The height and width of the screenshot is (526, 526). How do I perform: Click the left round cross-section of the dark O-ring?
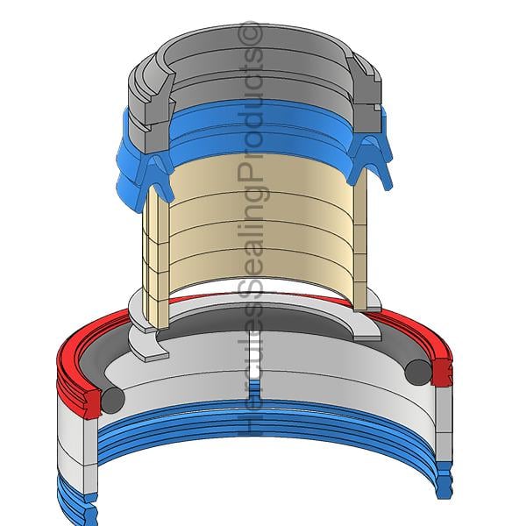click(x=113, y=400)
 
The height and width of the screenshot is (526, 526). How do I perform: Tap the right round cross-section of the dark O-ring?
click(x=418, y=373)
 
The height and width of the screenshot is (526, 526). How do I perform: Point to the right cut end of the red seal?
click(x=442, y=373)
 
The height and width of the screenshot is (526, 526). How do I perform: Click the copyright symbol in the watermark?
click(x=250, y=34)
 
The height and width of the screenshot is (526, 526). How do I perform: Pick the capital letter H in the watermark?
click(x=250, y=423)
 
